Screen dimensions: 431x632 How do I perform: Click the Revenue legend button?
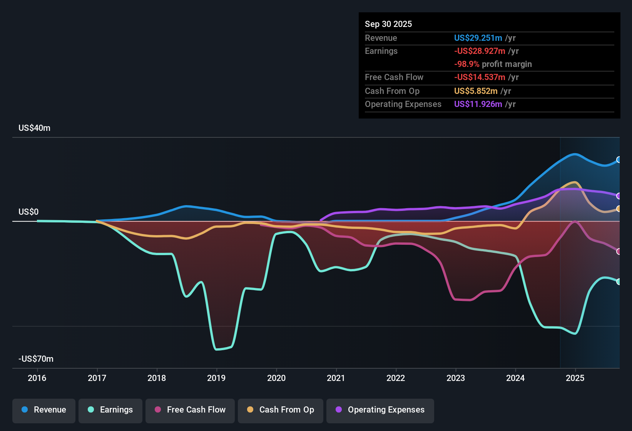(44, 410)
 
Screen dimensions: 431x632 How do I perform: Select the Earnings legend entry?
(110, 410)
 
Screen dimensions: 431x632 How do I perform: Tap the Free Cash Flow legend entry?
(190, 410)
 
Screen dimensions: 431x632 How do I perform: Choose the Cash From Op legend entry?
(281, 410)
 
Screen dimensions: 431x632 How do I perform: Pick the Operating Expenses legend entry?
(380, 410)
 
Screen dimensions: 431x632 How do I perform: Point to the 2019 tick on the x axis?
(216, 378)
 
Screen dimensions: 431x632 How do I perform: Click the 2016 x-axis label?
(37, 378)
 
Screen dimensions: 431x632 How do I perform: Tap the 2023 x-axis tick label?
(456, 378)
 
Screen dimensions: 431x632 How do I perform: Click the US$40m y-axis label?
(34, 128)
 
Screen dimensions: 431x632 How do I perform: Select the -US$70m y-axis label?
(36, 359)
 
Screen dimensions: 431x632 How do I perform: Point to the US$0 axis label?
(28, 212)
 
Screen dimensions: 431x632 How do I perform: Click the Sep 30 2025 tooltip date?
(388, 24)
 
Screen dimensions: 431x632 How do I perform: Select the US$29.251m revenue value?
(478, 38)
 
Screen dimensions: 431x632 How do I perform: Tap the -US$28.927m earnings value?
(480, 51)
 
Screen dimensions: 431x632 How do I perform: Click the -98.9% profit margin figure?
(466, 64)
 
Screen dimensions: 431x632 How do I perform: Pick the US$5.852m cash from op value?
(476, 91)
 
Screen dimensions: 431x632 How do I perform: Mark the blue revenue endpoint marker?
(619, 160)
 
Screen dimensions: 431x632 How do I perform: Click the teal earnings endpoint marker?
(619, 282)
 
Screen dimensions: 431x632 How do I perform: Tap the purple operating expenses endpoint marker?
(619, 196)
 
